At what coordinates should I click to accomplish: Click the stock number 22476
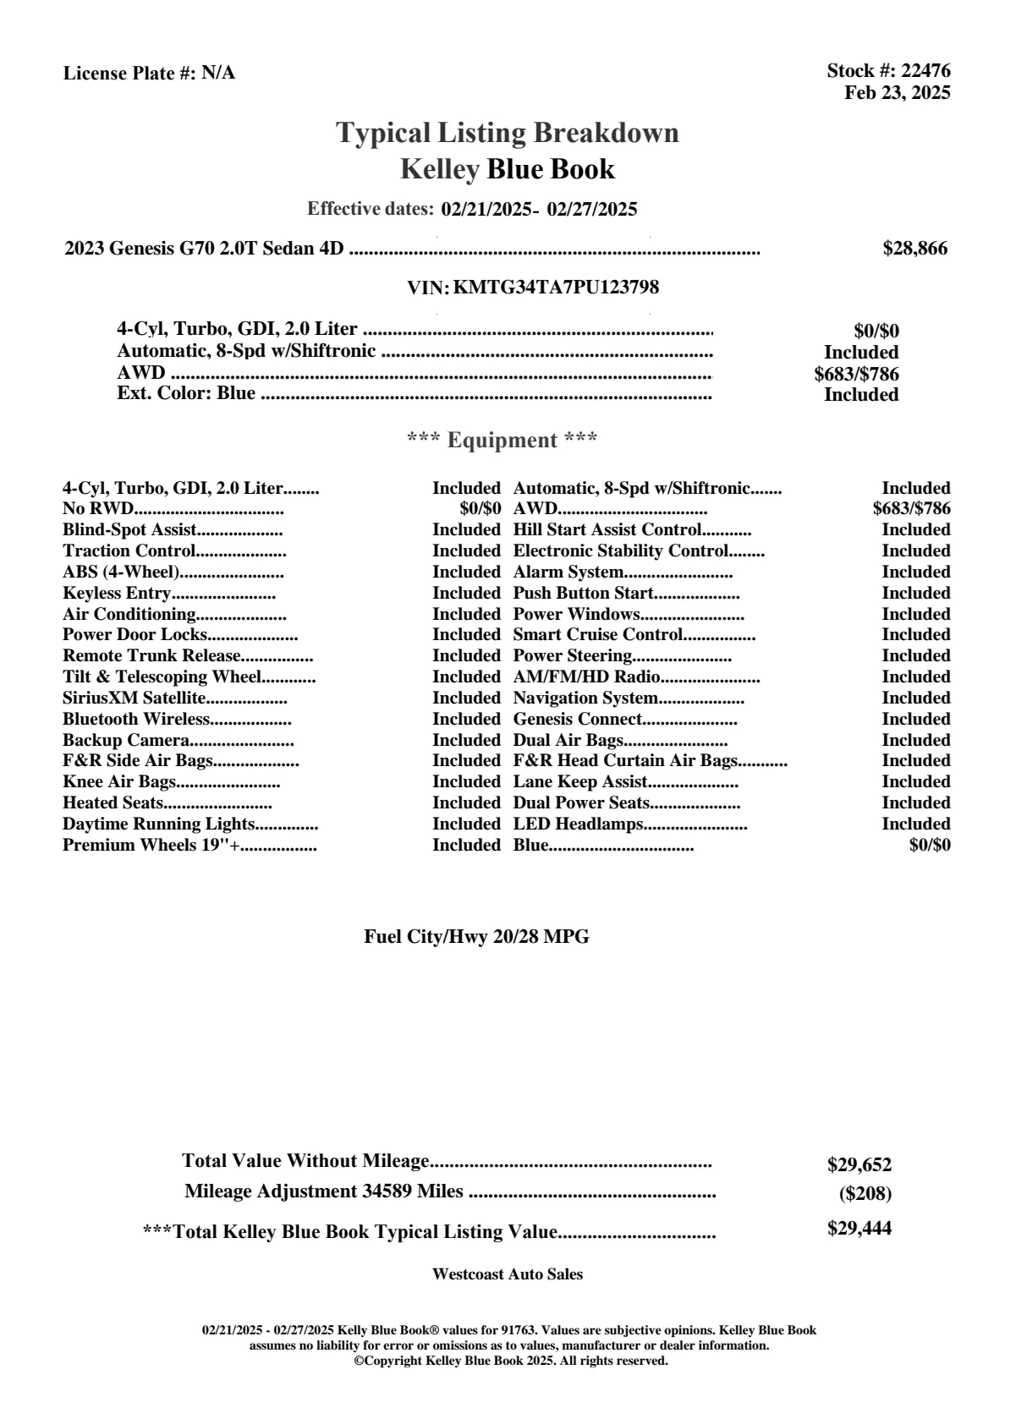click(925, 71)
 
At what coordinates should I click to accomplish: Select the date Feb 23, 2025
click(897, 92)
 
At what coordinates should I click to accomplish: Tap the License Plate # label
click(130, 74)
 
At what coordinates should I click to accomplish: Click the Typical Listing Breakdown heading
click(507, 133)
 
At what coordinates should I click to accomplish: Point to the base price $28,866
click(914, 249)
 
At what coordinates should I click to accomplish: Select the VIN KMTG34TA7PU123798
click(556, 288)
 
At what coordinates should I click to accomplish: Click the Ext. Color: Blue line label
click(186, 393)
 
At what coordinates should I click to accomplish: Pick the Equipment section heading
click(503, 440)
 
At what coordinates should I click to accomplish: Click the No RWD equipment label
click(98, 509)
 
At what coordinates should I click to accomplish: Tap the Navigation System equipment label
click(585, 698)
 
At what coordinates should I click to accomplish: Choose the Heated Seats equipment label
click(113, 803)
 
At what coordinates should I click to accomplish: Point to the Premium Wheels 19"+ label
click(151, 846)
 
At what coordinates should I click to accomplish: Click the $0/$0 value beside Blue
click(930, 845)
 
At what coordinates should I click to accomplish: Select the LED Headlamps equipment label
click(579, 824)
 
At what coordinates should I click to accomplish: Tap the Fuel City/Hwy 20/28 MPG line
click(476, 937)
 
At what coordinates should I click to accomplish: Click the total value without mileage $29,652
click(859, 1165)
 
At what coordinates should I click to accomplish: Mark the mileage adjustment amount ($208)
click(865, 1194)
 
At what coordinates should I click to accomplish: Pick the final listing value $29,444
click(859, 1229)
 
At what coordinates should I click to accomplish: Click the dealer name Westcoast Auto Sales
click(507, 1274)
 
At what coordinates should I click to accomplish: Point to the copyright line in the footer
click(510, 1361)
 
